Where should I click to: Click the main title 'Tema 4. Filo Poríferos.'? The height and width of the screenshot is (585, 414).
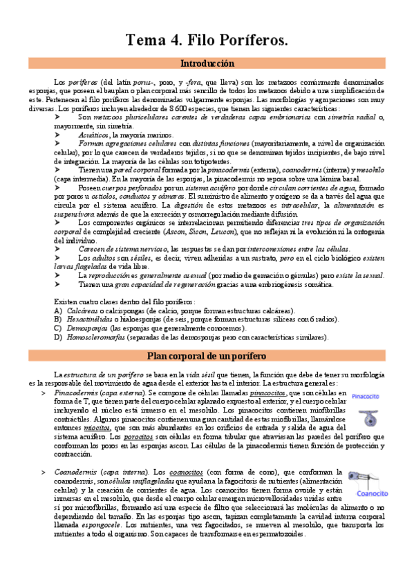(x=207, y=41)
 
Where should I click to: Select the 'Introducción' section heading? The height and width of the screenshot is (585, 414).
(x=207, y=63)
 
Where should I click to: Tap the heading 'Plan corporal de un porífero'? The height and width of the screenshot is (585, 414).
(x=207, y=355)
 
